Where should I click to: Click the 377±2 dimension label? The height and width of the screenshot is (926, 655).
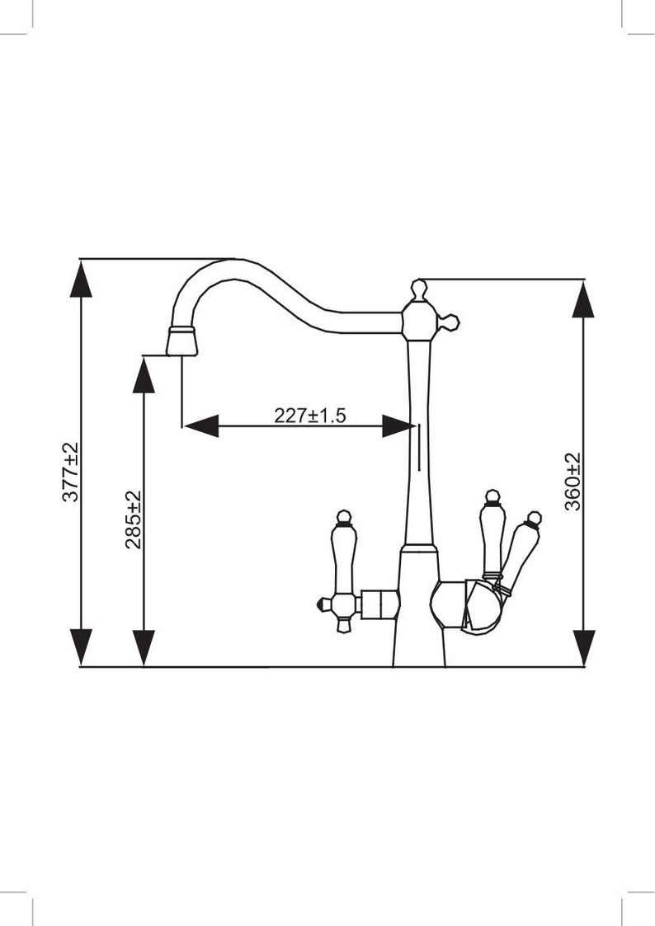(x=70, y=472)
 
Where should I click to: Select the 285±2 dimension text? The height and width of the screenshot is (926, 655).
(x=134, y=519)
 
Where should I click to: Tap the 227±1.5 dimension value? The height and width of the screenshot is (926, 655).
(x=310, y=415)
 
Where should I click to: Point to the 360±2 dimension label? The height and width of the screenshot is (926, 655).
(x=573, y=482)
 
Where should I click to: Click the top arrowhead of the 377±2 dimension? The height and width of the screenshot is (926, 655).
(x=81, y=279)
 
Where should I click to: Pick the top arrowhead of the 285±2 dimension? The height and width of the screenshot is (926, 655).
(x=144, y=374)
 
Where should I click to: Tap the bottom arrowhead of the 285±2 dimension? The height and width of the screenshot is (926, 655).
(x=144, y=648)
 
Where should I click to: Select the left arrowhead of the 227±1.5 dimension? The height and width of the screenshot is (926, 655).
(x=200, y=425)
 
